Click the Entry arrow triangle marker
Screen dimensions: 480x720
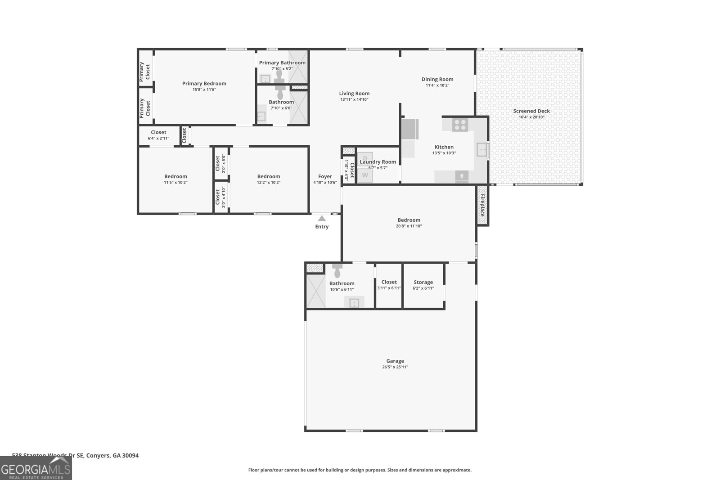pyautogui.click(x=322, y=218)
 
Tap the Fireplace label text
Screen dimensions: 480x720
pyautogui.click(x=482, y=206)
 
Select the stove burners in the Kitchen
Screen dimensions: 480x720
pyautogui.click(x=460, y=125)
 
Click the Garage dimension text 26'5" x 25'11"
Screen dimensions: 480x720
pyautogui.click(x=395, y=367)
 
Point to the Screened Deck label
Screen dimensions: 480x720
pyautogui.click(x=531, y=111)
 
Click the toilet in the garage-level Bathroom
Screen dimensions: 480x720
pyautogui.click(x=337, y=271)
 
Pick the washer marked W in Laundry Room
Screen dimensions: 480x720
pyautogui.click(x=365, y=175)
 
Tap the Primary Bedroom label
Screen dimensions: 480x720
pyautogui.click(x=204, y=84)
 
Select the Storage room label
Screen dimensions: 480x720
pyautogui.click(x=423, y=283)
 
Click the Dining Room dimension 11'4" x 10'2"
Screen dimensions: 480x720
pyautogui.click(x=437, y=85)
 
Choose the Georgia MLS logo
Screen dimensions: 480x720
pyautogui.click(x=36, y=469)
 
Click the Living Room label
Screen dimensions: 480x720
pyautogui.click(x=354, y=94)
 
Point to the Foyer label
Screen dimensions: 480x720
pyautogui.click(x=325, y=177)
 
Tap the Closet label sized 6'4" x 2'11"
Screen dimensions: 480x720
pyautogui.click(x=158, y=133)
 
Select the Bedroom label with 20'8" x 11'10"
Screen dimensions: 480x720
pyautogui.click(x=409, y=220)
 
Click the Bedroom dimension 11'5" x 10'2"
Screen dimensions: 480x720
pyautogui.click(x=175, y=183)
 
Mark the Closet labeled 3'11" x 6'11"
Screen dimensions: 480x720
pyautogui.click(x=389, y=282)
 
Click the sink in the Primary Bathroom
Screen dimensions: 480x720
pyautogui.click(x=265, y=79)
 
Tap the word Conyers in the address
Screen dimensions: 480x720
pyautogui.click(x=98, y=455)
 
